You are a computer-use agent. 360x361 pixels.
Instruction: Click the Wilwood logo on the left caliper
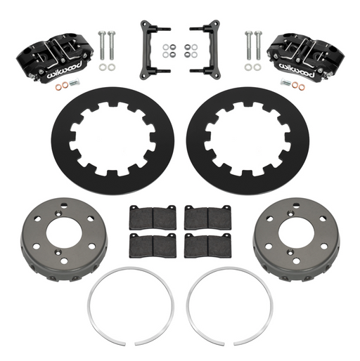tap(64, 70)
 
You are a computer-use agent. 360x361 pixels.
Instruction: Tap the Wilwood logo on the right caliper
tap(296, 70)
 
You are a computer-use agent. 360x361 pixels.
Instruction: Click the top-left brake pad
tap(153, 218)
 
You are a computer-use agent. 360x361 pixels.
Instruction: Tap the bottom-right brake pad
tap(207, 246)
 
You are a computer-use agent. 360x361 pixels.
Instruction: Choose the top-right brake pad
tap(207, 218)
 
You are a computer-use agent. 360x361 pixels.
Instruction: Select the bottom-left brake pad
tap(153, 246)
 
